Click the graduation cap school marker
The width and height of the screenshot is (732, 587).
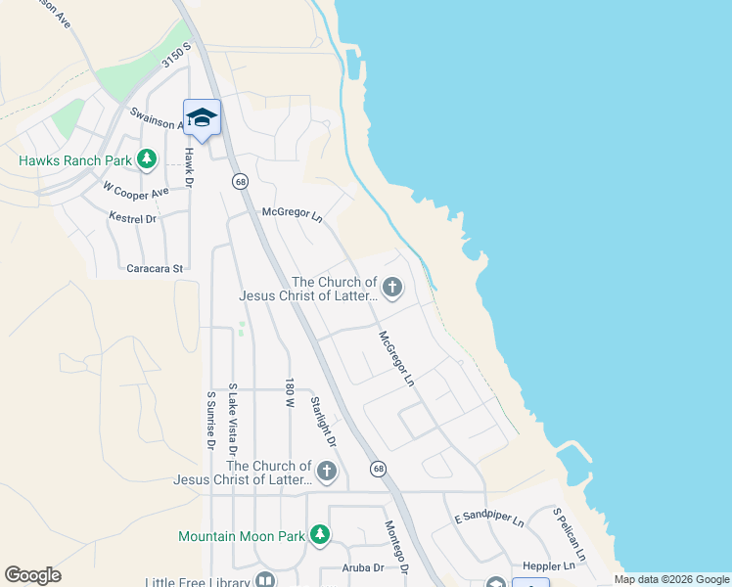(203, 118)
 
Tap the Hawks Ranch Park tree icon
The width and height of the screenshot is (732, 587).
(147, 158)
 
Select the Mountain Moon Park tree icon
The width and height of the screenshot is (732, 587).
(319, 535)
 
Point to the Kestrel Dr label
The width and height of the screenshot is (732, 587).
(133, 219)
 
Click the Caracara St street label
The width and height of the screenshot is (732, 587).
(155, 267)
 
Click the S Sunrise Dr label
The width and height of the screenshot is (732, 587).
(210, 421)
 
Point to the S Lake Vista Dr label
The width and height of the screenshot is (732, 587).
(233, 422)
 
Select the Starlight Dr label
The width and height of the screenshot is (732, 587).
(323, 422)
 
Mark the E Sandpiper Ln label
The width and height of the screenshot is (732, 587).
(489, 519)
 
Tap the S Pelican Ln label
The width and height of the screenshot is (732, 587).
(569, 534)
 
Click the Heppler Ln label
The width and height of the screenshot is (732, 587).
(549, 566)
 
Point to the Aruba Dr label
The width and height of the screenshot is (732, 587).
(361, 566)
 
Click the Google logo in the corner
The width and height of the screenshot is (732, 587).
(32, 575)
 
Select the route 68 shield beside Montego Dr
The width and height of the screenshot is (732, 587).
(379, 470)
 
